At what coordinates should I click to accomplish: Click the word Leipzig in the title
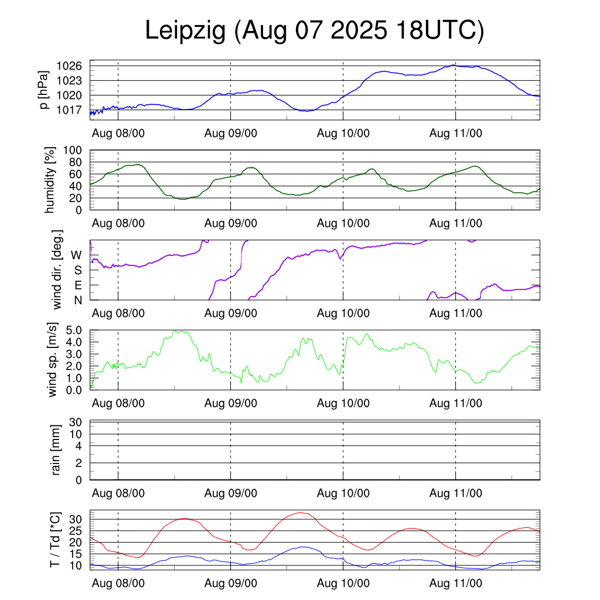click(185, 31)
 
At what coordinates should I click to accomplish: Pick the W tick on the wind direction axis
click(77, 255)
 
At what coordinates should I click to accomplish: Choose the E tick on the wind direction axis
click(77, 285)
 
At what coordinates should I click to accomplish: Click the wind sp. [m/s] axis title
click(53, 360)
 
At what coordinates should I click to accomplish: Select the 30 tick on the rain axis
click(76, 422)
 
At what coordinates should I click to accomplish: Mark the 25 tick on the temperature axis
click(76, 531)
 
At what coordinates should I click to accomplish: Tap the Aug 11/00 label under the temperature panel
click(456, 584)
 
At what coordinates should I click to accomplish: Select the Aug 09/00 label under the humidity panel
click(231, 223)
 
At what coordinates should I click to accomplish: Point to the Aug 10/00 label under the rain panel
click(343, 493)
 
